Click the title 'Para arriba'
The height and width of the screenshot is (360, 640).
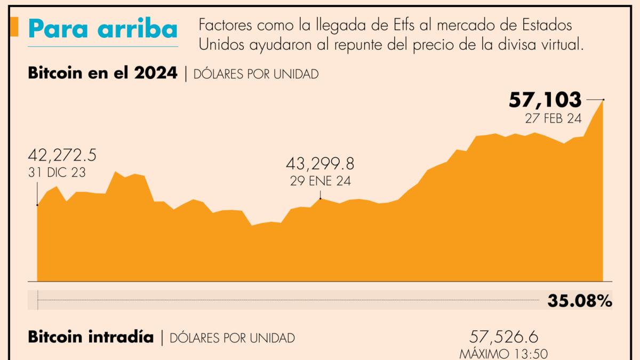pos(102,29)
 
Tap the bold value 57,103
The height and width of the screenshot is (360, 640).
pos(545,100)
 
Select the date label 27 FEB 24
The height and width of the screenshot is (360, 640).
pos(553,119)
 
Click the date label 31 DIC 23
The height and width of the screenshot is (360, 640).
pos(56,172)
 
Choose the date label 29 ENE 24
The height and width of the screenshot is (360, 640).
pos(320,181)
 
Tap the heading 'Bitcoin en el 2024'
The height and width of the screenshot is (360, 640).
pos(102,74)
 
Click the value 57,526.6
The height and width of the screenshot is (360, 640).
pos(504,337)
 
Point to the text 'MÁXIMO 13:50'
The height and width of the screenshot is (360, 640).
pos(504,353)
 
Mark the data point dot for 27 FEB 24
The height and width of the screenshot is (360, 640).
pos(603,100)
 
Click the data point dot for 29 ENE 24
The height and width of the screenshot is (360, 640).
pos(320,198)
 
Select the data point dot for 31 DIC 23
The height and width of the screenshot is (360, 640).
pos(37,205)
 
